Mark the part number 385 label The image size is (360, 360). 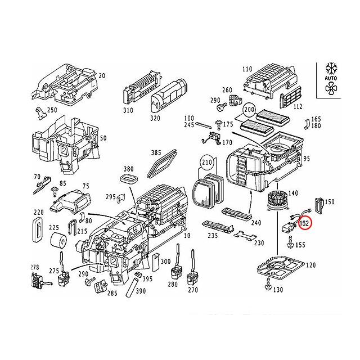pos(156,153)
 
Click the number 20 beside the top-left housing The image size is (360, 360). pos(102,76)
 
